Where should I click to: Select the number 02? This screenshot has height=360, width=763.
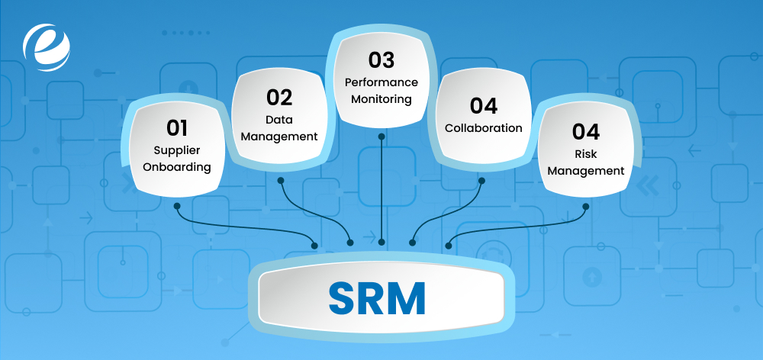[x=280, y=97]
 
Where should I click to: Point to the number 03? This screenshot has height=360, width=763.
[x=381, y=59]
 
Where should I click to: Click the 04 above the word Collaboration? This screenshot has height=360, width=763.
[x=484, y=105]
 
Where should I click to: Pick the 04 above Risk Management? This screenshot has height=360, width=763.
[x=586, y=131]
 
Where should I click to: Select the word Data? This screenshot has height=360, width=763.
[x=280, y=120]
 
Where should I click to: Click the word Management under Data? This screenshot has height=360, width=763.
[x=280, y=137]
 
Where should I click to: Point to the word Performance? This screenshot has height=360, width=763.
[x=381, y=82]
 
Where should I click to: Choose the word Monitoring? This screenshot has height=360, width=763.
[x=381, y=99]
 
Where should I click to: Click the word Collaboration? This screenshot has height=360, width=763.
[x=484, y=128]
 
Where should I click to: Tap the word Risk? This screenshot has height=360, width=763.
[x=586, y=154]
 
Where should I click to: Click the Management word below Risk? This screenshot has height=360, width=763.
[x=586, y=171]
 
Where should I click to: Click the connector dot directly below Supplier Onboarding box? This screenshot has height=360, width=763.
[x=177, y=205]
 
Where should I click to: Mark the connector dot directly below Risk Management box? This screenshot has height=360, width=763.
[x=585, y=205]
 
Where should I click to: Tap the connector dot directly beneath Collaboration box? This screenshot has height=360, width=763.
[x=482, y=181]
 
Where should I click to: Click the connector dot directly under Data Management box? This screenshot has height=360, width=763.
[x=281, y=181]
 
